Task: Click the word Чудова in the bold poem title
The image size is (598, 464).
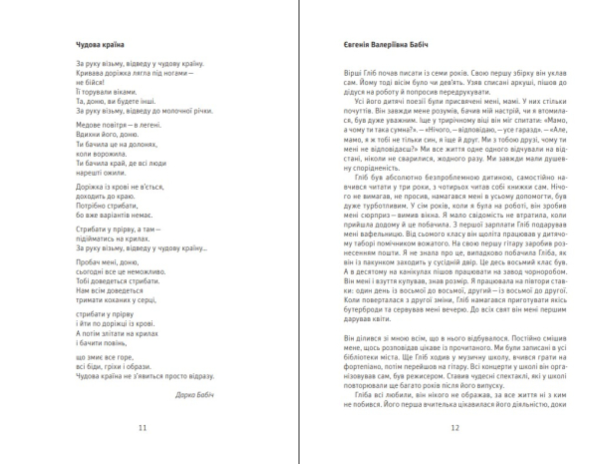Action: pyautogui.click(x=89, y=45)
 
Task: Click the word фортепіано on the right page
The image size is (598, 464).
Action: pyautogui.click(x=353, y=369)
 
